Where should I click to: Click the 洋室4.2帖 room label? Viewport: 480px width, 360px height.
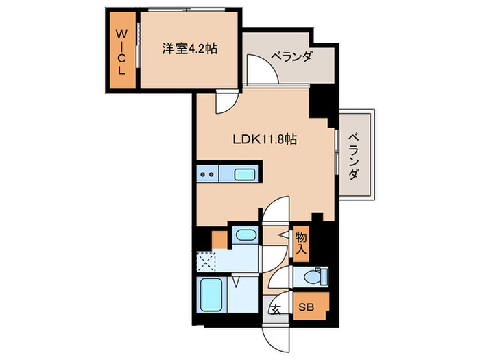click(189, 50)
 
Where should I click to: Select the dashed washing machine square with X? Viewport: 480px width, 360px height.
click(206, 261)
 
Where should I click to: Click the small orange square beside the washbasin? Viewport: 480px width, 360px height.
click(219, 240)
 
